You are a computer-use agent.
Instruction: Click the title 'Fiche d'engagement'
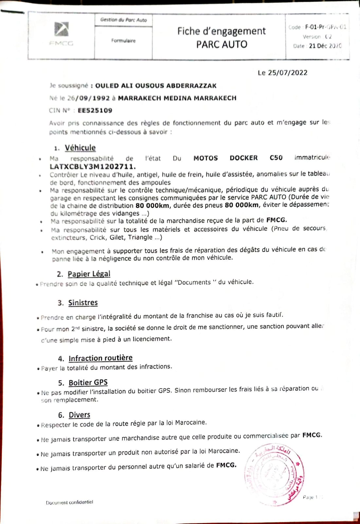click(221, 31)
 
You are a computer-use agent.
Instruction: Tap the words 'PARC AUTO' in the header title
click(222, 44)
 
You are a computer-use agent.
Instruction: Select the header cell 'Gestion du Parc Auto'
click(124, 20)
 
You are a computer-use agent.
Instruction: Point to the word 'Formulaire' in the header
click(123, 41)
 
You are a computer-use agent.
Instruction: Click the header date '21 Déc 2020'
click(325, 46)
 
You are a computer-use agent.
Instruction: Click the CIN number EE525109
click(95, 110)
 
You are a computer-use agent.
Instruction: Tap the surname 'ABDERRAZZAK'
click(191, 86)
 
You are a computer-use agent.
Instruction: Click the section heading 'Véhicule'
click(80, 148)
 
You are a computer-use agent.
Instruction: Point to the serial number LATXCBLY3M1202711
click(93, 166)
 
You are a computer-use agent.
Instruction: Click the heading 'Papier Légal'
click(89, 274)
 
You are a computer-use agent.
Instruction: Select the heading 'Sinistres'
click(83, 303)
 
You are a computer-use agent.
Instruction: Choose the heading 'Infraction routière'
click(100, 358)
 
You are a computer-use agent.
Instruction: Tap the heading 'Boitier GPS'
click(88, 383)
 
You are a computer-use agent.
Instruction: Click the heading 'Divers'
click(79, 415)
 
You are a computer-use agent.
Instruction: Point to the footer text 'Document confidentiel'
click(69, 502)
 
